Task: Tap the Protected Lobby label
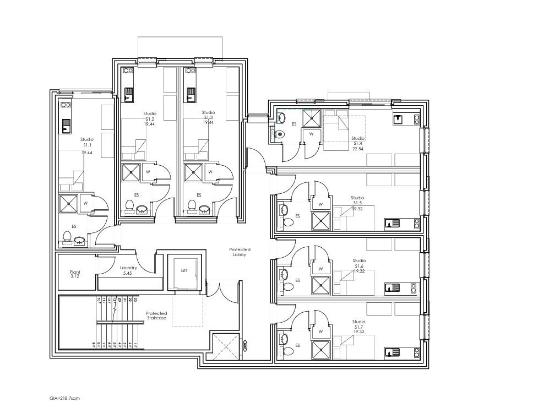[x=240, y=252]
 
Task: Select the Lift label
[x=184, y=270]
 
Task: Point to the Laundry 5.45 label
[x=128, y=270]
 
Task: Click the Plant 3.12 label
[x=75, y=274]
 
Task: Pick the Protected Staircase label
[x=156, y=316]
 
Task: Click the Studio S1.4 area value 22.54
[x=358, y=148]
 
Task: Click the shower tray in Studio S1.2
[x=131, y=172]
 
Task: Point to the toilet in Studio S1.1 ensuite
[x=67, y=237]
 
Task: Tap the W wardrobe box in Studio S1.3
[x=210, y=172]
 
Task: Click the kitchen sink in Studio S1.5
[x=393, y=223]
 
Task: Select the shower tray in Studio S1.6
[x=320, y=285]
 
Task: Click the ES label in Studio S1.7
[x=297, y=345]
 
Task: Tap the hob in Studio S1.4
[x=416, y=119]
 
